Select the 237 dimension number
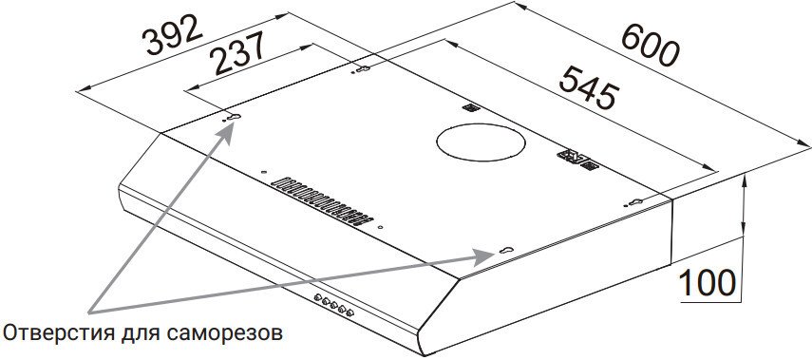point(239,52)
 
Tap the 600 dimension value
point(650,45)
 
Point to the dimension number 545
point(590,86)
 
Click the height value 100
point(707,283)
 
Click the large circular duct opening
point(481,142)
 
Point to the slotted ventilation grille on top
point(322,202)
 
